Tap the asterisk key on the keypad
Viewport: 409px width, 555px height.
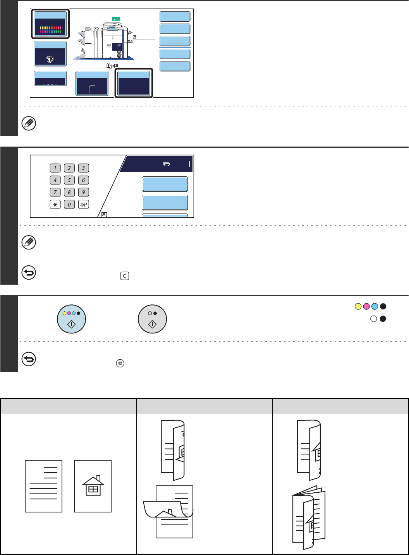point(55,205)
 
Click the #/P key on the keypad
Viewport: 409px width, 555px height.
point(84,205)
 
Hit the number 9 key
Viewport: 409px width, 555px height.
point(84,192)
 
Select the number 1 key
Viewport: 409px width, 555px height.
point(55,168)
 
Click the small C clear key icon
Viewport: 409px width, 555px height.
point(125,276)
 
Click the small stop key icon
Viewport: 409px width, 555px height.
point(120,363)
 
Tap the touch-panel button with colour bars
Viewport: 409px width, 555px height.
point(50,24)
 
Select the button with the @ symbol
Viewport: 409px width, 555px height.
point(50,54)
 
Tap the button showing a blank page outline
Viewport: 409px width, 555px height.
point(92,83)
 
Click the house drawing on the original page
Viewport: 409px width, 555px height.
point(93,485)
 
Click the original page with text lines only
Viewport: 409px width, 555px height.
point(43,486)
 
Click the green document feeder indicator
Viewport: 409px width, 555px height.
point(116,19)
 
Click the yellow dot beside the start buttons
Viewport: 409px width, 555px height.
point(358,306)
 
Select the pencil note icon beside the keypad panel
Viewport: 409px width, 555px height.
point(29,242)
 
